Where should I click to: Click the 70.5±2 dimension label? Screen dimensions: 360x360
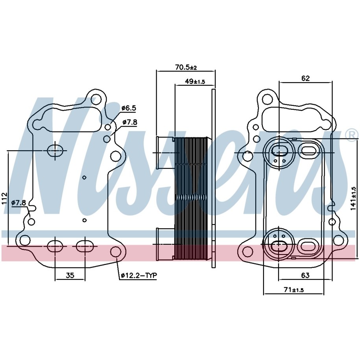point(186,67)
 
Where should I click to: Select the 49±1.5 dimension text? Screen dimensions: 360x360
point(195,81)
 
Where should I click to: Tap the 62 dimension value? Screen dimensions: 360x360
point(305,78)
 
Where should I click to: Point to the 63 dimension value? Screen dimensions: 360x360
point(305,275)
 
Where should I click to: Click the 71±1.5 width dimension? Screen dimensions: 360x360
point(294,290)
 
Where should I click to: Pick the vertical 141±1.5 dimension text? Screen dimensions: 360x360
point(353,198)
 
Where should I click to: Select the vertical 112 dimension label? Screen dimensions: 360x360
point(5,199)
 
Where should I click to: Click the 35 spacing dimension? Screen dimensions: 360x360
point(70,275)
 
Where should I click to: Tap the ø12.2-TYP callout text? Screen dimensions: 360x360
point(138,275)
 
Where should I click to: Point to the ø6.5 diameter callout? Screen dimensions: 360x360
point(129,108)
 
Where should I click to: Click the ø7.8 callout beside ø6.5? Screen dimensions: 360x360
point(130,122)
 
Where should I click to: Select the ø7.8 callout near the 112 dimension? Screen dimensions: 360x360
point(19,203)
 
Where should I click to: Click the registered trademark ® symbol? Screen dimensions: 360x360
point(354,136)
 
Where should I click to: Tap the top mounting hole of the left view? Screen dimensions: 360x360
point(96,99)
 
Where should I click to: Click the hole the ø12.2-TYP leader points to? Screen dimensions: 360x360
point(116,252)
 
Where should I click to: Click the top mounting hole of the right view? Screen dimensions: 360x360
point(268,99)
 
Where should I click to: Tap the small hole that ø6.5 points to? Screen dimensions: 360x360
point(108,127)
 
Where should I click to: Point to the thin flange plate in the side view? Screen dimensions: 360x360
point(214,179)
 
